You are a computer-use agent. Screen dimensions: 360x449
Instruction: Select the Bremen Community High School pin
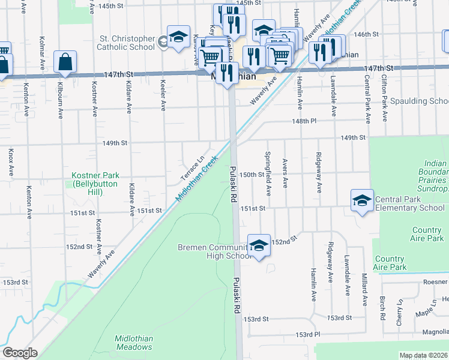[259, 245]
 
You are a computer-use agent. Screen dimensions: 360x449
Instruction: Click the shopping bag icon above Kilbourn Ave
[65, 62]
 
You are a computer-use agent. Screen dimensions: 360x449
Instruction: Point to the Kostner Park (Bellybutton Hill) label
[95, 179]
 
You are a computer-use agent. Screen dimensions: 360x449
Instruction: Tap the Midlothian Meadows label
[134, 343]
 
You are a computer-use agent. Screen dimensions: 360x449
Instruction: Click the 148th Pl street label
[305, 121]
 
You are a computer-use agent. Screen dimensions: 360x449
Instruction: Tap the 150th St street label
[252, 174]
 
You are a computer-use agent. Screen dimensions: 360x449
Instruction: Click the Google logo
[20, 353]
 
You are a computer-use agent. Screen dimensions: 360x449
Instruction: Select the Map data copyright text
[423, 355]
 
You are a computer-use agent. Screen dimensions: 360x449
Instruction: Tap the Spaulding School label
[420, 101]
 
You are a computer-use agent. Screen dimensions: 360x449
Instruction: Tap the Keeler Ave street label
[163, 93]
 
